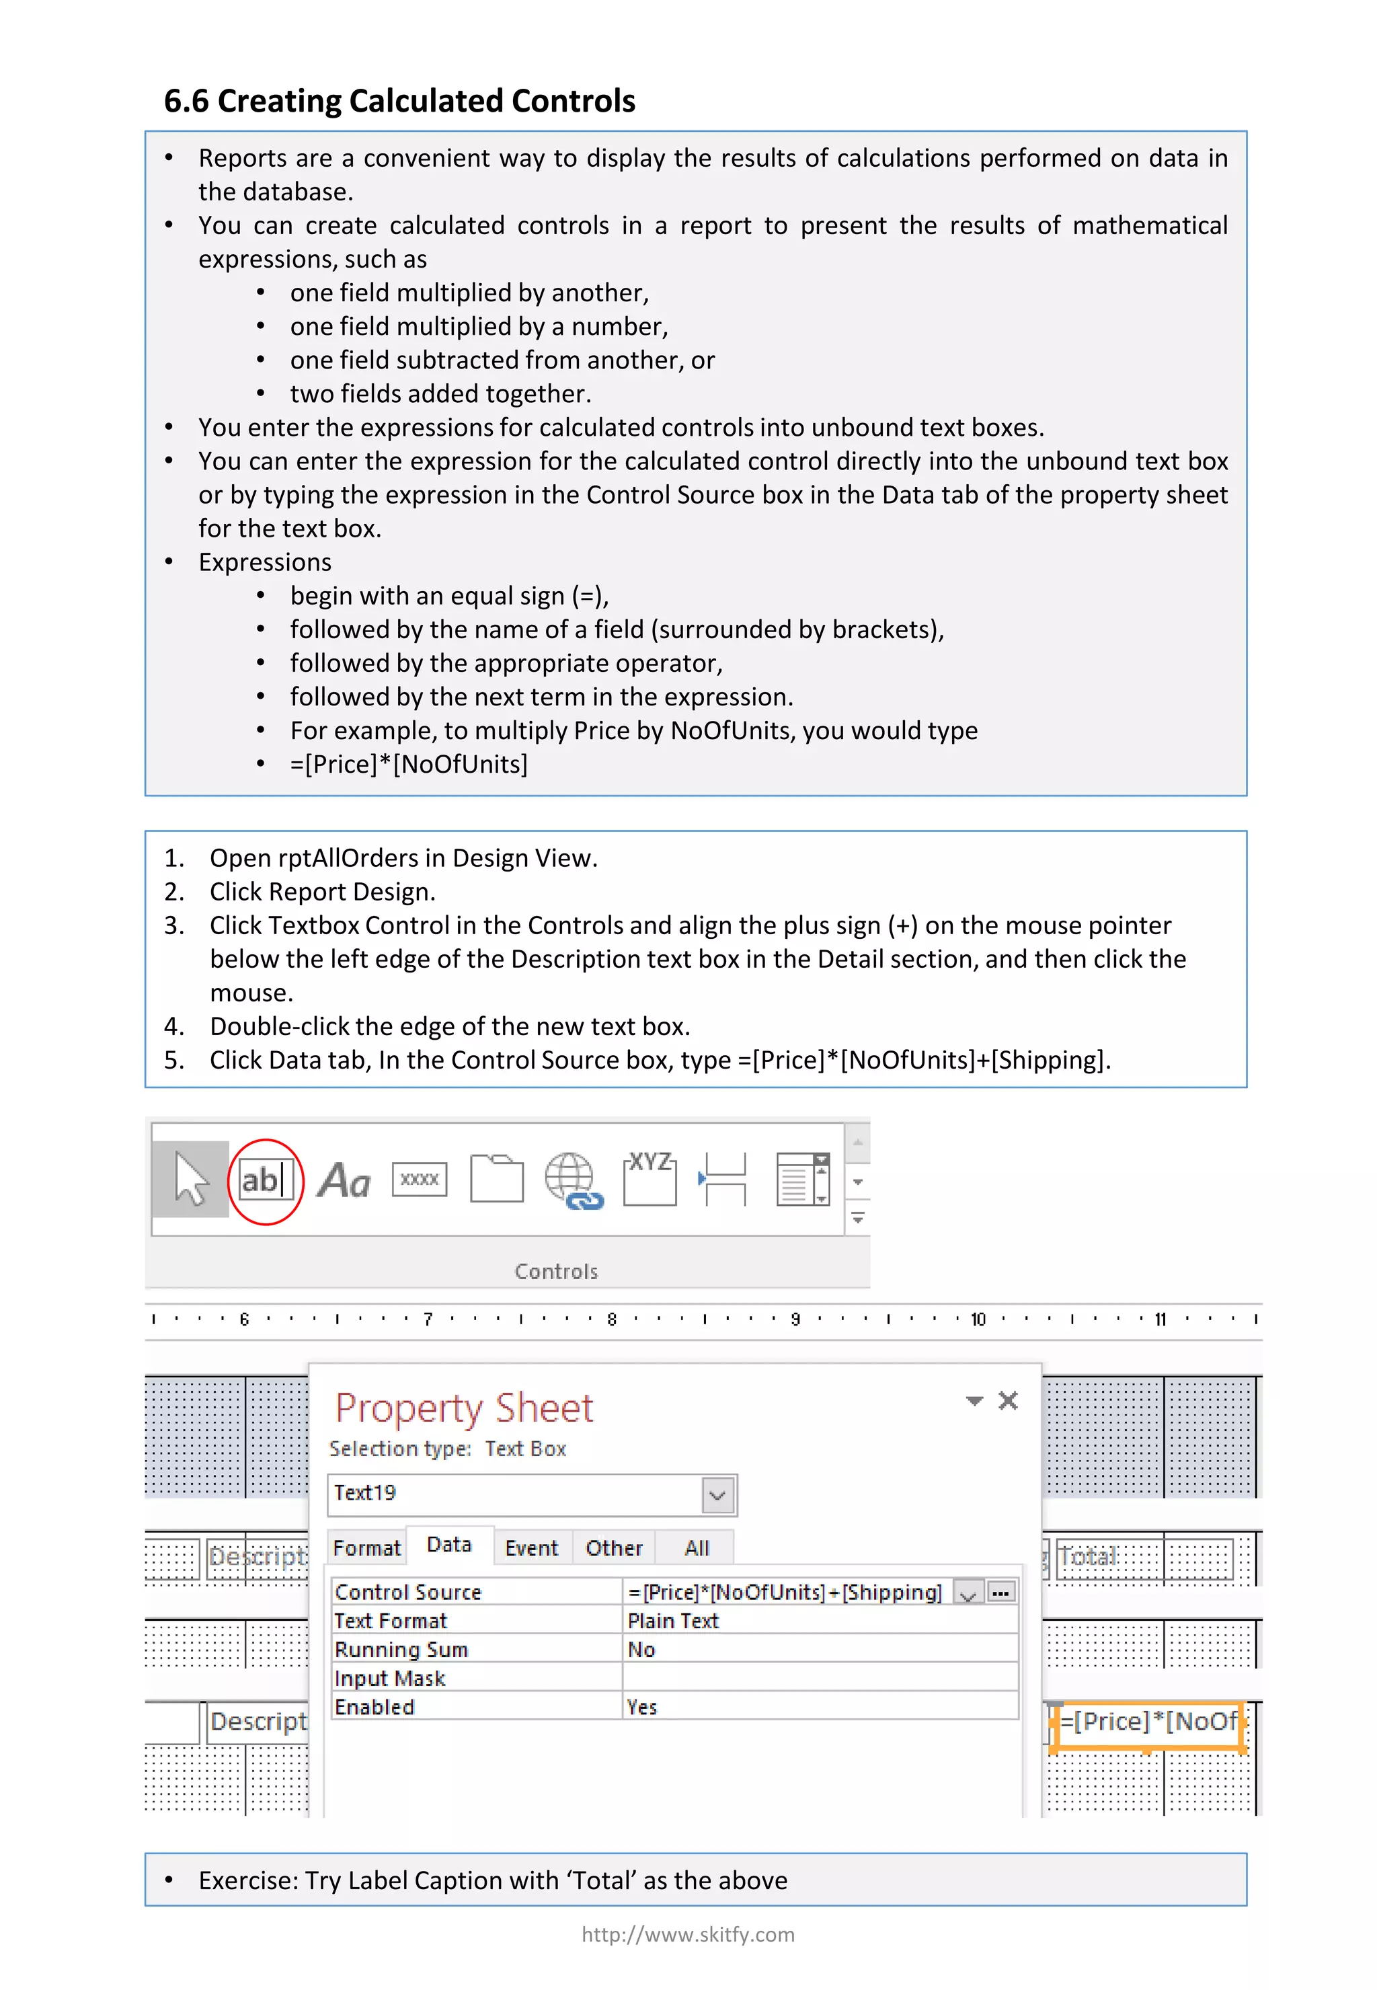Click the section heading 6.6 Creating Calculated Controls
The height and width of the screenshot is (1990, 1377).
[399, 101]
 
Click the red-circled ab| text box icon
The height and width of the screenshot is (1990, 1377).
[265, 1180]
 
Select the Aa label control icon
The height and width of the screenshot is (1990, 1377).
[344, 1180]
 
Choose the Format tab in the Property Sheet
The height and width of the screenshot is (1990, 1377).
[366, 1548]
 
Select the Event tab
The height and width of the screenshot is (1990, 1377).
[531, 1548]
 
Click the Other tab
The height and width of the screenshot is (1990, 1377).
[613, 1548]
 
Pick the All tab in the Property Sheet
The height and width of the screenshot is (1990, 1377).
[697, 1548]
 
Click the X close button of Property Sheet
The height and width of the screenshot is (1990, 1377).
[1008, 1401]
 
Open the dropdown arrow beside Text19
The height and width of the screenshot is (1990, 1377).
[718, 1494]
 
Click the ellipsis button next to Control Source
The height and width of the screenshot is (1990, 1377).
[1001, 1592]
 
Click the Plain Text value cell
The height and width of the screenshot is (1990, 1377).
[673, 1621]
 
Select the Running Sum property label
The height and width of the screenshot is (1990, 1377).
[401, 1649]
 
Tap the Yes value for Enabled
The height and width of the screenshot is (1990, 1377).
[642, 1707]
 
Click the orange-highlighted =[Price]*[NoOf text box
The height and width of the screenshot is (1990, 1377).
[1148, 1722]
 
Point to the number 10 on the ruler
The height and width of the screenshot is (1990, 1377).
[978, 1319]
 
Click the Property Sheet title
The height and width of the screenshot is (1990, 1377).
[464, 1408]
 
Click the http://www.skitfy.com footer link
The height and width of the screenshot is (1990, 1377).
[688, 1935]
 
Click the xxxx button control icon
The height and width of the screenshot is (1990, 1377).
[420, 1180]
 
